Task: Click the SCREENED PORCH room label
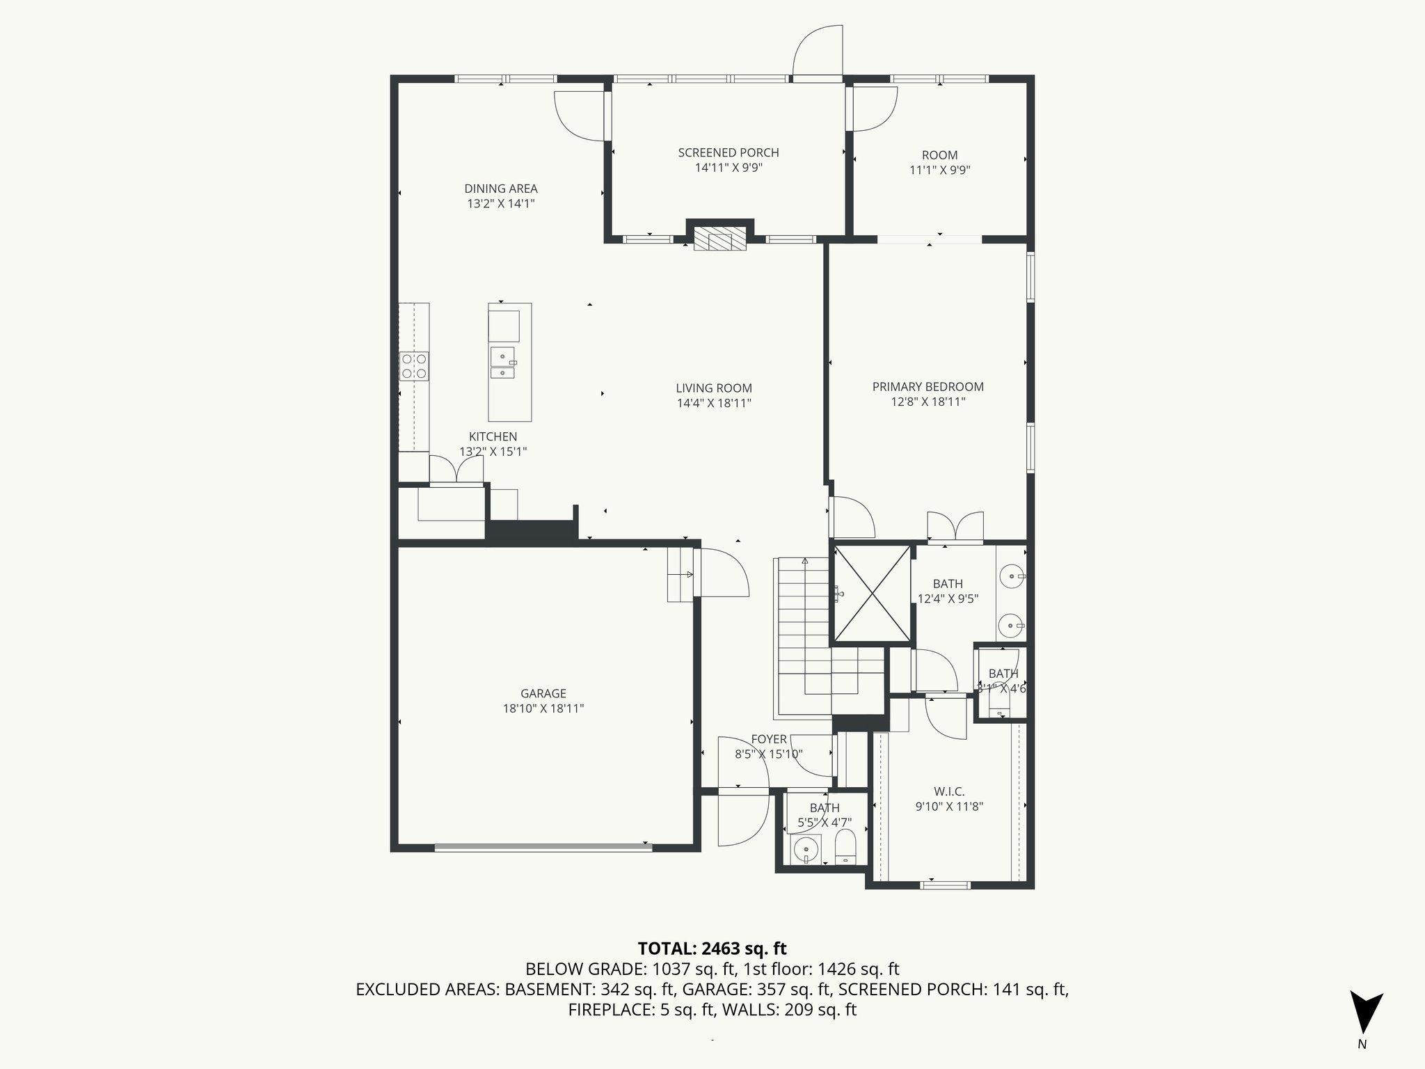(x=729, y=152)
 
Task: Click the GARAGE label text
(x=543, y=693)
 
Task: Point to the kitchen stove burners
(x=413, y=366)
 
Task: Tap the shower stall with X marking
(x=872, y=594)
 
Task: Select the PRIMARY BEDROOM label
(x=928, y=387)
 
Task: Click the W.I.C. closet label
(x=949, y=791)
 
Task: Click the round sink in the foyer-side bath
(x=807, y=850)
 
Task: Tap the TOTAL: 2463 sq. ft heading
(x=712, y=948)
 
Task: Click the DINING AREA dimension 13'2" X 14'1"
(x=501, y=204)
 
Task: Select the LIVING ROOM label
(x=714, y=388)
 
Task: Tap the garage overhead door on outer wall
(x=543, y=847)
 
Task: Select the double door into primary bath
(x=955, y=528)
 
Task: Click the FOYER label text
(x=769, y=739)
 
